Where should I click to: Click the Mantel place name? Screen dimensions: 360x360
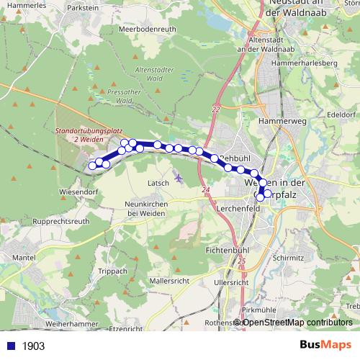click(x=24, y=257)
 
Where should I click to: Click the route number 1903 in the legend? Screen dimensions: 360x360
click(x=33, y=346)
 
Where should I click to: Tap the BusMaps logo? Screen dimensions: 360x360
click(x=325, y=345)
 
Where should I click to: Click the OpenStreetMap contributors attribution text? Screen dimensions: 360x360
click(x=297, y=322)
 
